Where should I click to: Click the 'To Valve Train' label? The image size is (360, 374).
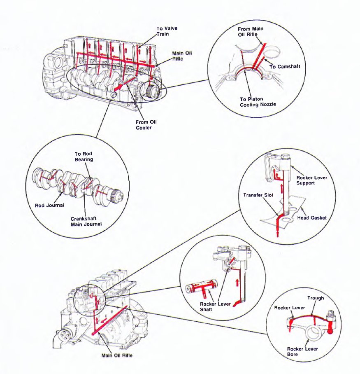click(x=167, y=31)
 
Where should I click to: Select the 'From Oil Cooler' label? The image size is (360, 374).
click(x=146, y=125)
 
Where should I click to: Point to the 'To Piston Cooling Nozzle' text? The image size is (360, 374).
click(x=258, y=102)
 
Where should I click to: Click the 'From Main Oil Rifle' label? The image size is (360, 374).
click(x=251, y=31)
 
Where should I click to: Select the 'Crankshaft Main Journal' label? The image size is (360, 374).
click(x=86, y=221)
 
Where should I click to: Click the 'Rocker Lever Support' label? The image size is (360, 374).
click(x=311, y=180)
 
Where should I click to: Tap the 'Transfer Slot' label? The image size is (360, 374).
click(x=256, y=195)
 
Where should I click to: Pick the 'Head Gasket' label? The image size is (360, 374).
click(x=311, y=218)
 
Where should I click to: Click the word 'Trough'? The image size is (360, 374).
click(x=316, y=298)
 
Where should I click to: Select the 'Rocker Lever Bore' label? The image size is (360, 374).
click(x=302, y=351)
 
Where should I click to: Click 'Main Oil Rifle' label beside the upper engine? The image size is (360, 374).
click(x=182, y=56)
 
